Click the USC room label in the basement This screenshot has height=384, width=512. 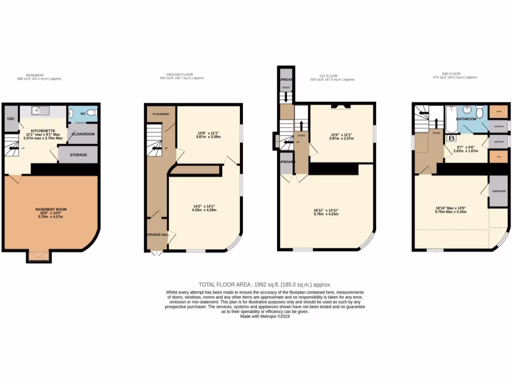tap(10, 118)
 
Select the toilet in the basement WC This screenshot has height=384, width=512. tap(91, 113)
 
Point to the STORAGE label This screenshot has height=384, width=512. tap(77, 155)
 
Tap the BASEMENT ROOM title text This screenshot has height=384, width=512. tap(51, 209)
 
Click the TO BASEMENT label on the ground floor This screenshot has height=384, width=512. tap(161, 114)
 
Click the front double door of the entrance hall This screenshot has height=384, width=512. tap(156, 253)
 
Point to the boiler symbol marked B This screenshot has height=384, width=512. tap(451, 138)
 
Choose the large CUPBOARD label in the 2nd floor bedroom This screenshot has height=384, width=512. tap(498, 191)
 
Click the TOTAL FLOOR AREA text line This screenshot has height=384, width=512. tap(265, 284)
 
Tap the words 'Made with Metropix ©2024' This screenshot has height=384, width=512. tap(265, 315)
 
